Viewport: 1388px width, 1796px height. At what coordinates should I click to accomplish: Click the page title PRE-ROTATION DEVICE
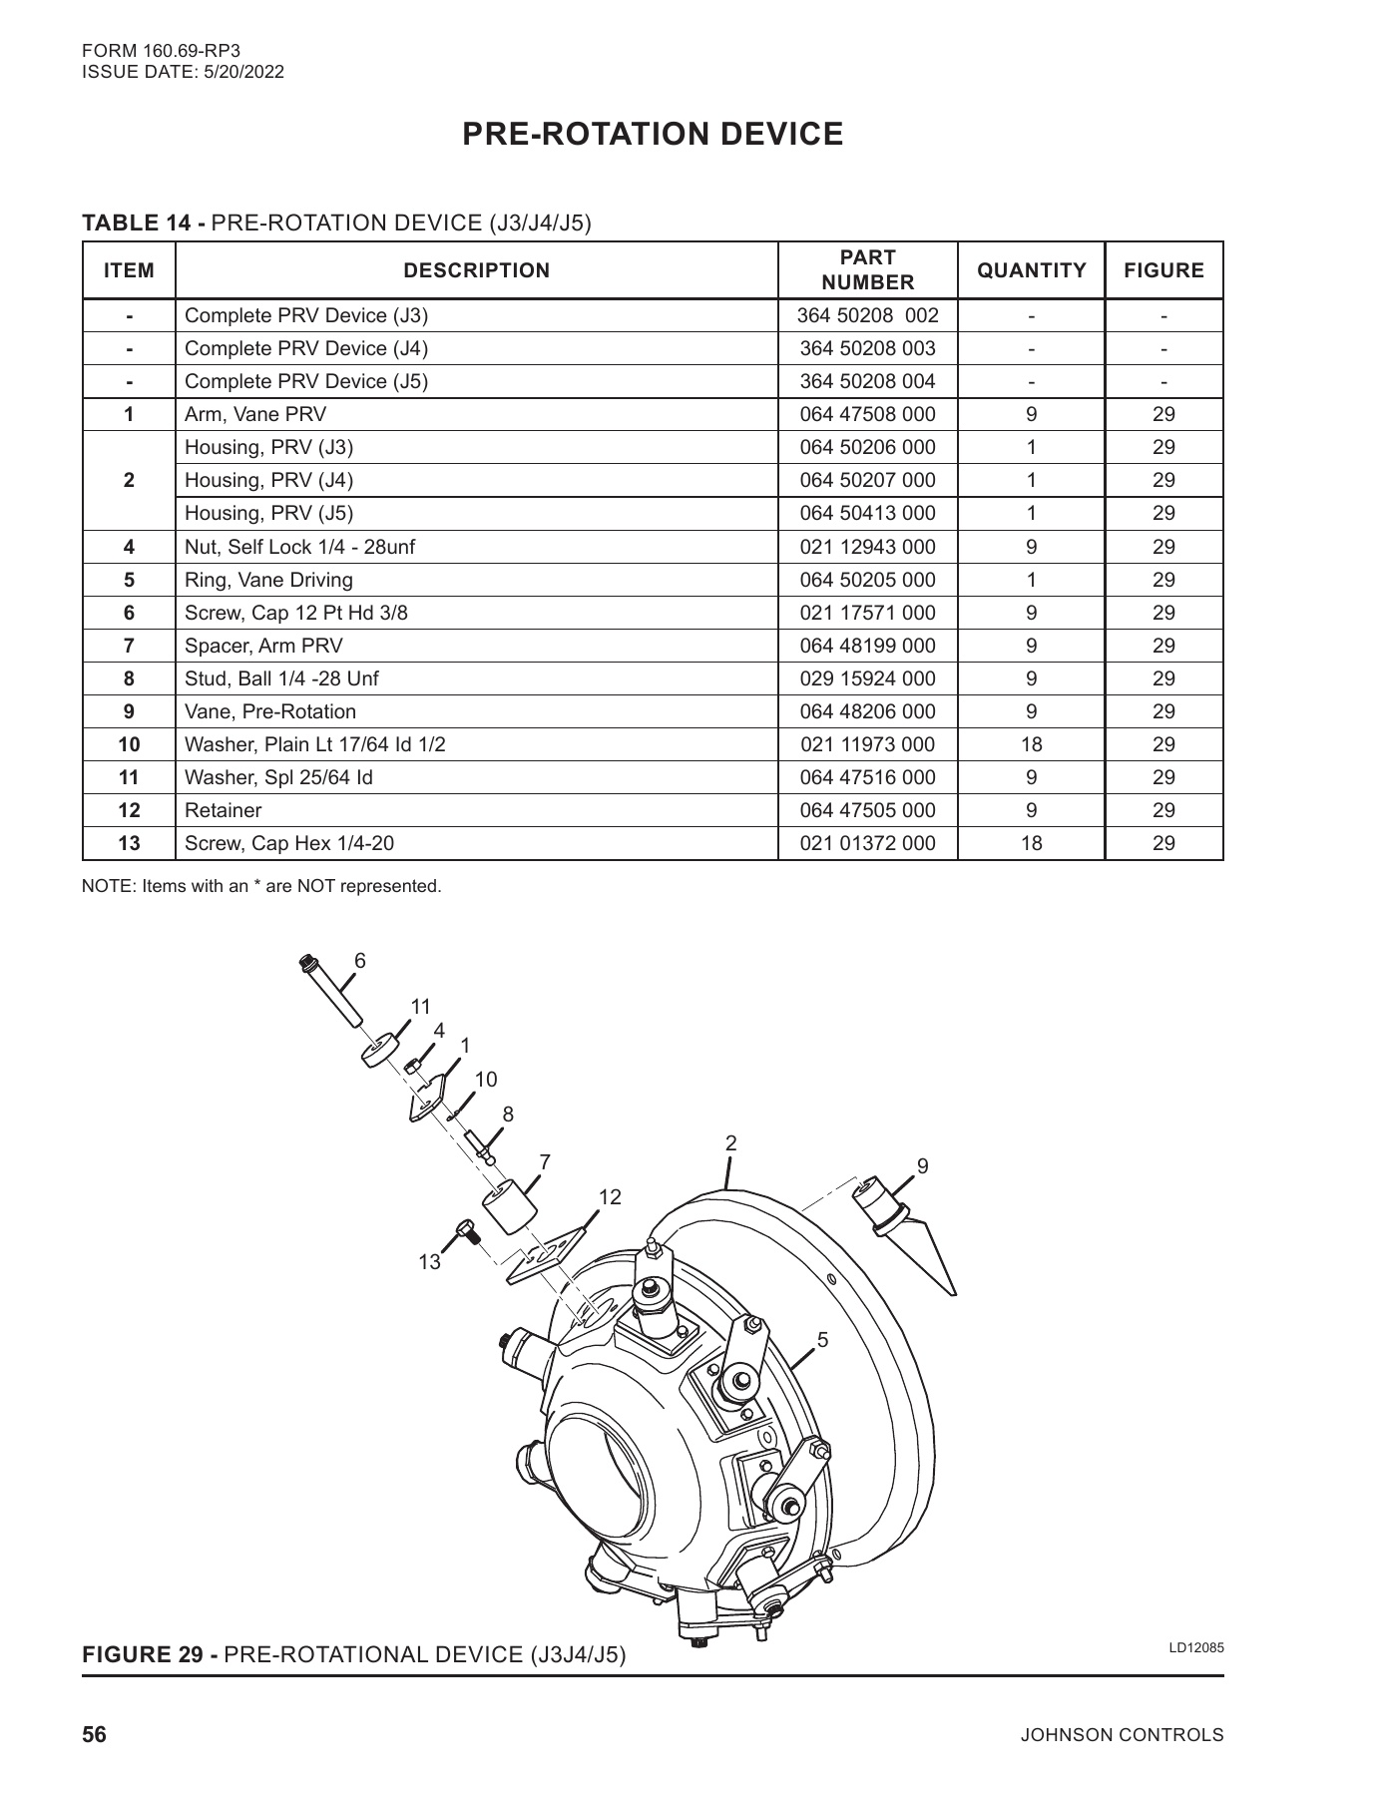[653, 134]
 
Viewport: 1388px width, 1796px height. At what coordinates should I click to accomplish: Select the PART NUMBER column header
[867, 269]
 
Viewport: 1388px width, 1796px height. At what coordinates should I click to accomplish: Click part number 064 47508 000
[867, 414]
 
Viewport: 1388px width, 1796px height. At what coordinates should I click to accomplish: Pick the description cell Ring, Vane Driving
[269, 580]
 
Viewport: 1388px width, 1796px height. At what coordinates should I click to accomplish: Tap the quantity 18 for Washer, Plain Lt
[1031, 744]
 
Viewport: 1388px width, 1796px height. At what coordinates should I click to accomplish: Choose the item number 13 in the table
[129, 843]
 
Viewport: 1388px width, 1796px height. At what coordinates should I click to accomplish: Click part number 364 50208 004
[867, 381]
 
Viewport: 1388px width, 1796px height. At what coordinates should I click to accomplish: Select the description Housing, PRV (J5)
[269, 513]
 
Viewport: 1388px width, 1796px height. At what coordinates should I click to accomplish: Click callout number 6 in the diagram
[360, 961]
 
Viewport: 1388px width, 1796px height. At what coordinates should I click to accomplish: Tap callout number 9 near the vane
[923, 1165]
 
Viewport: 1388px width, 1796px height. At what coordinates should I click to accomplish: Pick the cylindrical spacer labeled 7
[509, 1207]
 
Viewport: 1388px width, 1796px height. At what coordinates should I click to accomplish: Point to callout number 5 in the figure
[822, 1340]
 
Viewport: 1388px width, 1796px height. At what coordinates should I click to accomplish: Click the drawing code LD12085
[1196, 1647]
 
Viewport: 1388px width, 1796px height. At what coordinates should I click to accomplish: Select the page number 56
[94, 1734]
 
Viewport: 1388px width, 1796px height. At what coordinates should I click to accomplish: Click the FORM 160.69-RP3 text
[162, 49]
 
